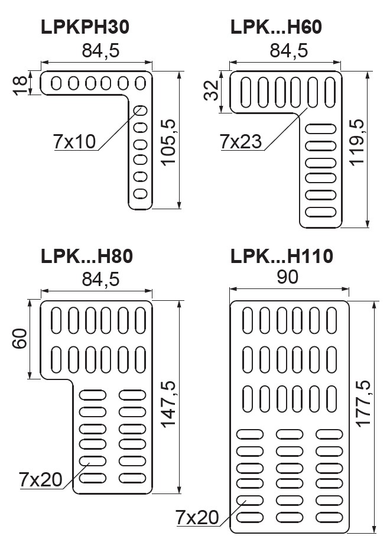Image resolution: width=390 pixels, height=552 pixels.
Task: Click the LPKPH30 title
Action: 85,27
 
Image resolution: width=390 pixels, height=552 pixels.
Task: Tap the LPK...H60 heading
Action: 276,27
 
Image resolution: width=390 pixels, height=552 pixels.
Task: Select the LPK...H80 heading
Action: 87,256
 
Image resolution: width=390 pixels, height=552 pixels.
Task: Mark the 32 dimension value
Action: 212,91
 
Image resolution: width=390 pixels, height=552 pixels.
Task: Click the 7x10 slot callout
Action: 74,141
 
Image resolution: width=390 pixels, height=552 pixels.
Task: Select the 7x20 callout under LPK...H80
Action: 41,479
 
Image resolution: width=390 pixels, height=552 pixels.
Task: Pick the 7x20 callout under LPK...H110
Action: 198,518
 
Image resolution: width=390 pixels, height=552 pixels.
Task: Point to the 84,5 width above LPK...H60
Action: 288,51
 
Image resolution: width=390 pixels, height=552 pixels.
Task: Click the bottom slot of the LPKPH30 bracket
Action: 141,193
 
